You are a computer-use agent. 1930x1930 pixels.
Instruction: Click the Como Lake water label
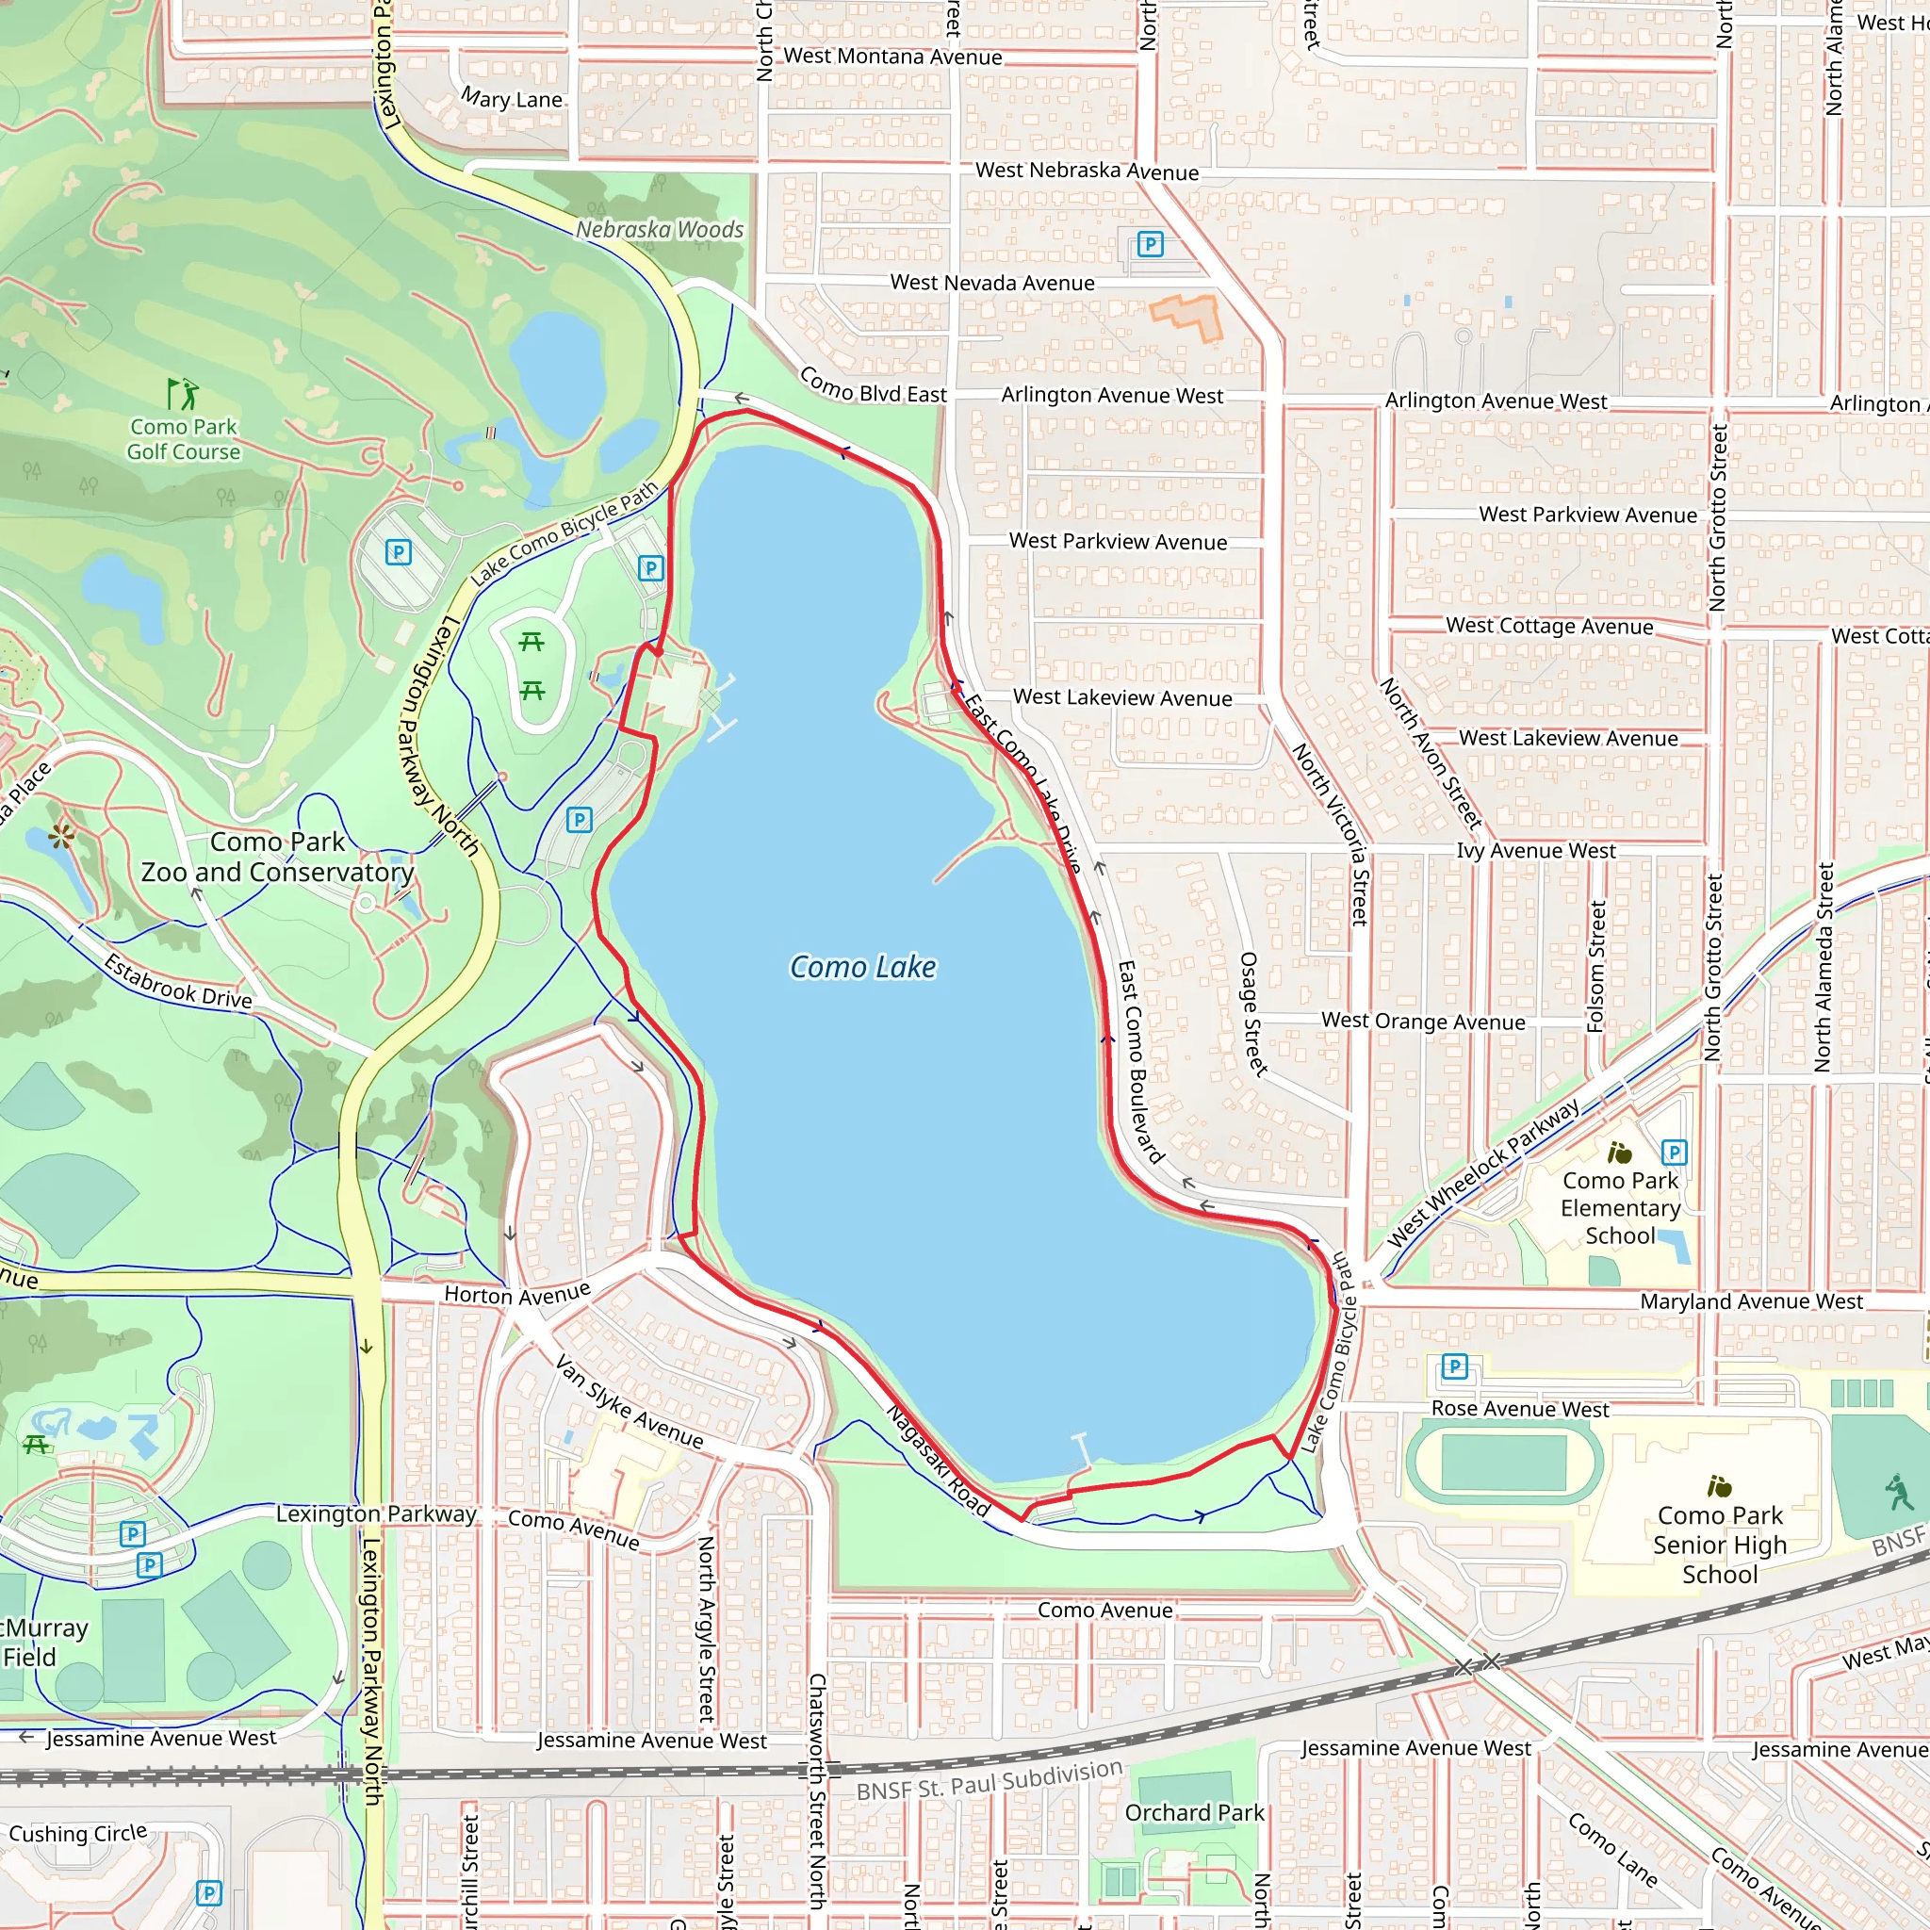(x=863, y=967)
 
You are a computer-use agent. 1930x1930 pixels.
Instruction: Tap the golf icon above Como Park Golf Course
(x=183, y=394)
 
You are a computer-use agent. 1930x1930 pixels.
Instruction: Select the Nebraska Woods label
(x=660, y=230)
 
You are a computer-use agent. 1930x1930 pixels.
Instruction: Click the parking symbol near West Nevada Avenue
(x=1150, y=244)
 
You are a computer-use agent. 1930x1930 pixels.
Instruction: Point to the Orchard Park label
(x=1194, y=1812)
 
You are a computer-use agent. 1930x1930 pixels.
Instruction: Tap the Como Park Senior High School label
(x=1719, y=1545)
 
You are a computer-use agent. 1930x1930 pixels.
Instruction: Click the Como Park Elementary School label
(x=1620, y=1208)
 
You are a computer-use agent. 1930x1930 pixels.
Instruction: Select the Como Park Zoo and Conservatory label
(x=278, y=858)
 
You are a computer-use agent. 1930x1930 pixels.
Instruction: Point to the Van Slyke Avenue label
(x=630, y=1401)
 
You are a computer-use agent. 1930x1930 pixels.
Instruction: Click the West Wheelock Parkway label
(x=1483, y=1171)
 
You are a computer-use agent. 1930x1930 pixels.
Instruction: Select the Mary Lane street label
(x=512, y=99)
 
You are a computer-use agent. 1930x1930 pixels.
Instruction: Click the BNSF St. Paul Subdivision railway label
(x=989, y=1780)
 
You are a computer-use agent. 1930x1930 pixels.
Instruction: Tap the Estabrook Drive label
(x=179, y=982)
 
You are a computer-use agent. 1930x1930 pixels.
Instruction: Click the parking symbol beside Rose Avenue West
(x=1454, y=1366)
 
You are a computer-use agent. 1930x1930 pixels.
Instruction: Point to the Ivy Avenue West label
(x=1535, y=850)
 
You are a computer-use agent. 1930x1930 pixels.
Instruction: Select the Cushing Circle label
(x=78, y=1833)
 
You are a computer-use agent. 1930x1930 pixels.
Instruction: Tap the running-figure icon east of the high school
(x=1899, y=1493)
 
